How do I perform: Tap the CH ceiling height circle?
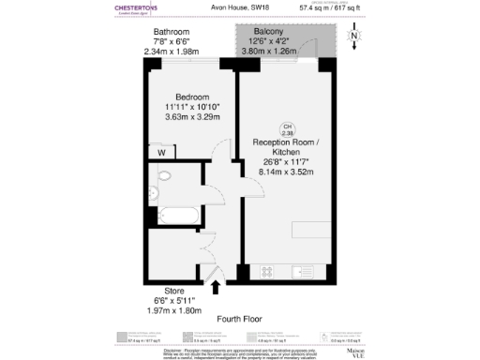(286, 129)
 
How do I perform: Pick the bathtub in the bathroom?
(173, 212)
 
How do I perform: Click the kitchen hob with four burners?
(266, 272)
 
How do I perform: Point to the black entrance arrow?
(217, 287)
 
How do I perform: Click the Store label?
(174, 291)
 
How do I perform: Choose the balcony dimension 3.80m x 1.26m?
(267, 52)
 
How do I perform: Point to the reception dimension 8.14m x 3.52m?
(285, 171)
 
